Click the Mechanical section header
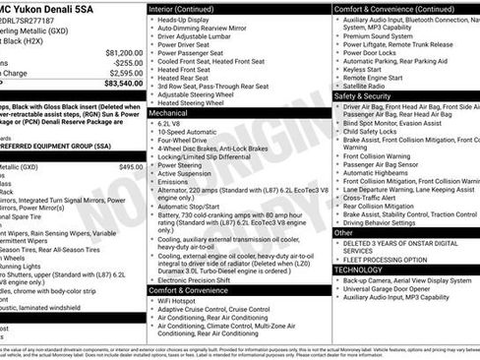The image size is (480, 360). click(169, 113)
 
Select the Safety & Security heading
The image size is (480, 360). click(362, 96)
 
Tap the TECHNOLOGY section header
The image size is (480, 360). click(358, 269)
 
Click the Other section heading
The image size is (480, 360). click(343, 232)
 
